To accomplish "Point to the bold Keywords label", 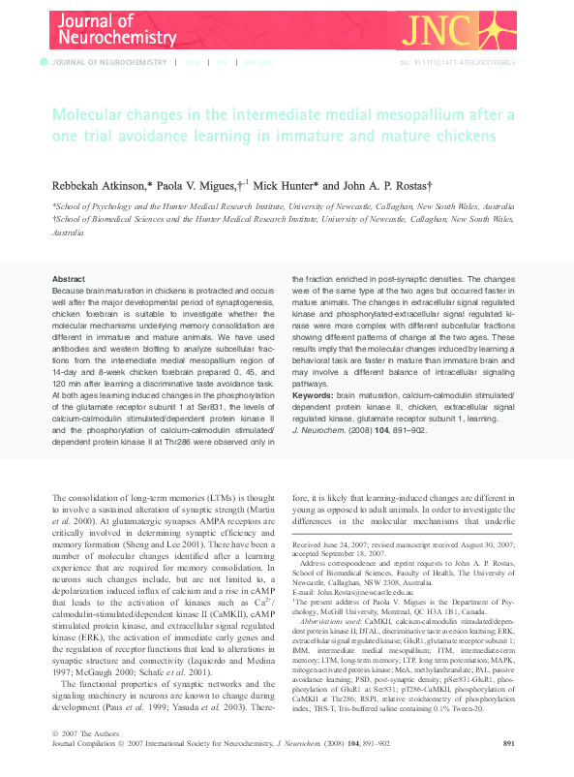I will (314, 394).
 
